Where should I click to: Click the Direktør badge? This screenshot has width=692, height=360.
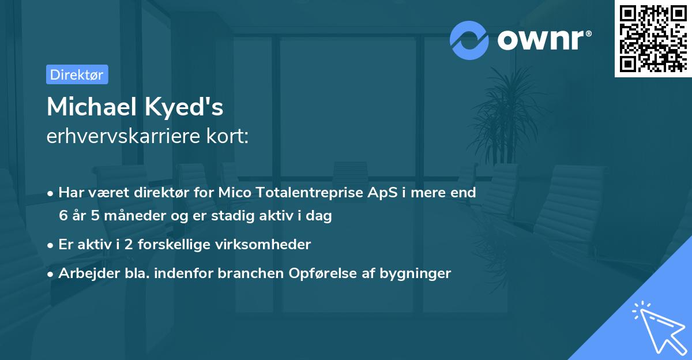click(77, 74)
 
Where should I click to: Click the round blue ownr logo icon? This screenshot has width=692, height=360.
click(469, 40)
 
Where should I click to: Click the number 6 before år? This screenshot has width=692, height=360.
click(63, 216)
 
